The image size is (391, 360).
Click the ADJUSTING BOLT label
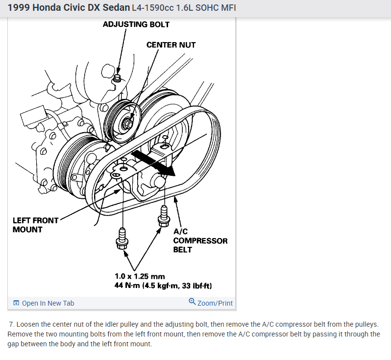136,24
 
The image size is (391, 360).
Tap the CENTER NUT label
171,45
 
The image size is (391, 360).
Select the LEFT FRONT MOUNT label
35,225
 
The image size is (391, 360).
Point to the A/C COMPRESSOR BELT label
200,240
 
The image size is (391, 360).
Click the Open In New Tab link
48,303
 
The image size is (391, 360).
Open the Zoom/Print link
215,303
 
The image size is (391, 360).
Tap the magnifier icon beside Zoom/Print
192,302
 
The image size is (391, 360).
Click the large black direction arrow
154,163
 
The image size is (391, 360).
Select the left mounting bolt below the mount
122,237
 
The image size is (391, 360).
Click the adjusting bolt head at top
117,78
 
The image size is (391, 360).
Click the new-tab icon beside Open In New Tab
16,303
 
